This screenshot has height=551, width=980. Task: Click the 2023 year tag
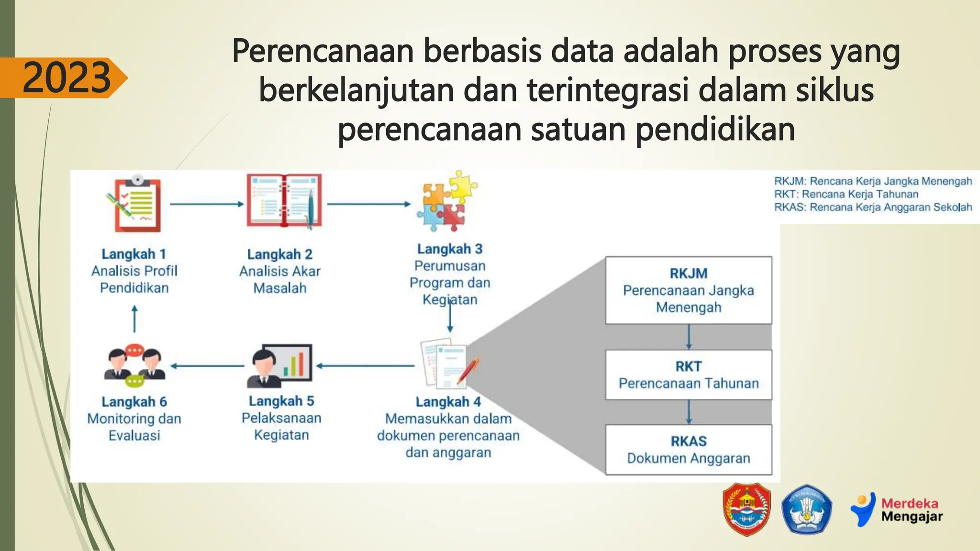[x=66, y=77]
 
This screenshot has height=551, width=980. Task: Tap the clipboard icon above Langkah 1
[x=135, y=205]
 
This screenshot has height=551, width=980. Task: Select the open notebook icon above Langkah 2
[x=284, y=200]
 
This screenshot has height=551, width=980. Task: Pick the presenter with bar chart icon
[x=280, y=366]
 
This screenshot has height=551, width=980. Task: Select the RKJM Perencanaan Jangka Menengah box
[x=688, y=290]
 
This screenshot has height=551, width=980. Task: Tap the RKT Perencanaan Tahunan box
[x=688, y=375]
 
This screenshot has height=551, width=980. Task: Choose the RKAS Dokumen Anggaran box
[x=688, y=450]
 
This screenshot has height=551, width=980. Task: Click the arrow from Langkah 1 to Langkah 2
[x=207, y=204]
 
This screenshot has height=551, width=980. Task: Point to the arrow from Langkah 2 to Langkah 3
[x=368, y=204]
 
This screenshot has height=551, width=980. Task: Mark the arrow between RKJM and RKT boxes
[x=689, y=337]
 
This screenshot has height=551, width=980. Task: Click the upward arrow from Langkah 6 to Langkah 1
[x=134, y=319]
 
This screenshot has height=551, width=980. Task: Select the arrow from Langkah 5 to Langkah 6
[x=207, y=366]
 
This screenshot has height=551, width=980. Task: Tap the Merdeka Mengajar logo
[x=897, y=510]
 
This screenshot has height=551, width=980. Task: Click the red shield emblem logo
[x=746, y=509]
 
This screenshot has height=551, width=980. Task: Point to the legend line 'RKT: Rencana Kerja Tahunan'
[x=846, y=194]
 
